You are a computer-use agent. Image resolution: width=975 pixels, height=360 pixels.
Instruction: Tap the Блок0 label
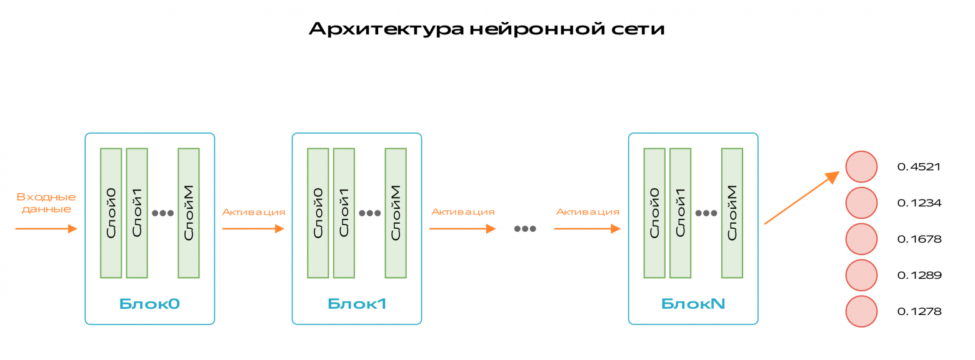tap(149, 304)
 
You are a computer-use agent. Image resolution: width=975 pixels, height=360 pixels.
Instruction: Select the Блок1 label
tap(357, 304)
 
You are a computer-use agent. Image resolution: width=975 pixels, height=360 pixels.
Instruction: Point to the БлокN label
tap(693, 304)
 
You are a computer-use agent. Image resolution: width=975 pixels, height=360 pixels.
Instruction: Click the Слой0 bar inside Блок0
tap(111, 212)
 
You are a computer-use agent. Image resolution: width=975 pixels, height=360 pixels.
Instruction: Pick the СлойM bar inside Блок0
tap(189, 212)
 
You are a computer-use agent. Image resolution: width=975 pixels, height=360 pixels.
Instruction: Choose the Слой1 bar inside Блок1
tap(344, 212)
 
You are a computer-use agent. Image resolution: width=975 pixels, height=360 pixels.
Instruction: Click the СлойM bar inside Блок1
tap(396, 212)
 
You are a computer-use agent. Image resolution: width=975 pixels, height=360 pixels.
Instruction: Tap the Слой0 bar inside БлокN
tap(654, 212)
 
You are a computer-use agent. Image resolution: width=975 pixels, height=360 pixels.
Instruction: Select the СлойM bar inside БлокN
tap(732, 212)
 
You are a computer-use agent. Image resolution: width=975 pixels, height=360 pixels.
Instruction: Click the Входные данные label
tap(46, 202)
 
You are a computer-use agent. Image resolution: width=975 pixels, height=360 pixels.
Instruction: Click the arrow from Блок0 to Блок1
tap(253, 229)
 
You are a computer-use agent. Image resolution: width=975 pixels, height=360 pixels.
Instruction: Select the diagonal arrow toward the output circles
tap(801, 197)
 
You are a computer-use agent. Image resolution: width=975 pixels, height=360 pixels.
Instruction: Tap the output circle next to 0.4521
tap(861, 166)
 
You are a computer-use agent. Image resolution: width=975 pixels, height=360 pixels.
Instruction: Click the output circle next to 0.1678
tap(861, 239)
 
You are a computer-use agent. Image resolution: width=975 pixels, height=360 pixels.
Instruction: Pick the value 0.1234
tap(919, 203)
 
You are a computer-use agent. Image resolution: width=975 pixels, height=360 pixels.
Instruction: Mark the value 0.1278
tap(919, 311)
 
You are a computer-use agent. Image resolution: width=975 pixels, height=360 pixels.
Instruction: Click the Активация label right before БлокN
tap(587, 212)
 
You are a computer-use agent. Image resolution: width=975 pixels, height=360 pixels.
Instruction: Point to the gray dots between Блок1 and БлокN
tap(525, 229)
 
